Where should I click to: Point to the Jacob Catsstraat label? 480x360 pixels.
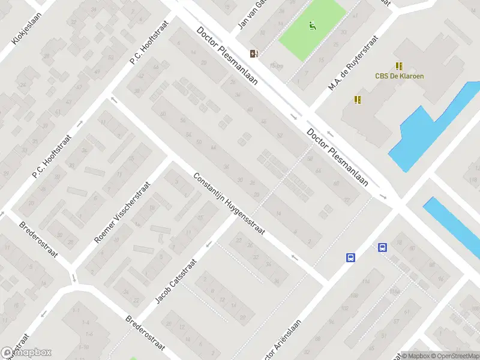tap(176, 281)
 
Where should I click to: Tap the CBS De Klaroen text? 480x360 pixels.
tap(399, 76)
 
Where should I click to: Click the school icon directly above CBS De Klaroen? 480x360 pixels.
tap(399, 66)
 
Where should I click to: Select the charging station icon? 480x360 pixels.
tap(254, 53)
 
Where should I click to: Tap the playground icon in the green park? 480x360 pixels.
tap(312, 26)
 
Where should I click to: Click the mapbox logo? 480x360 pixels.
tap(26, 353)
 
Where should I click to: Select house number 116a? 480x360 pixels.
tap(394, 292)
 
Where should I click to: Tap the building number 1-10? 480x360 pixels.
tap(83, 347)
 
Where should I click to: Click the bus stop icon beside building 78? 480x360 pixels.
tap(382, 247)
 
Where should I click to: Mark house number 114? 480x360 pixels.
tap(365, 282)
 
